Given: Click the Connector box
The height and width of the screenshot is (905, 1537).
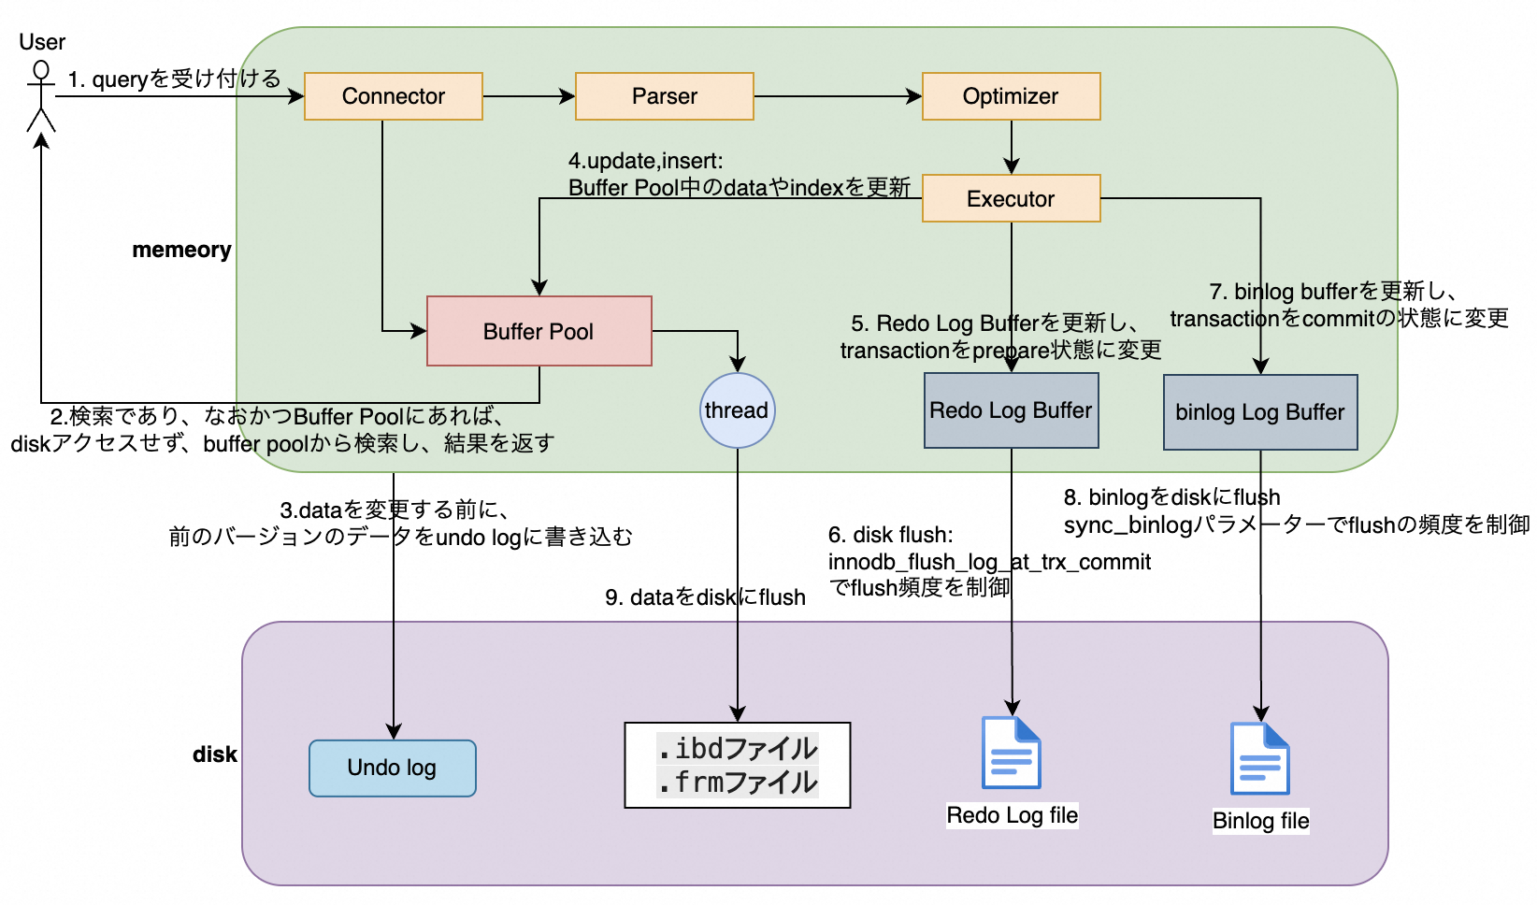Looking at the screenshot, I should (x=393, y=96).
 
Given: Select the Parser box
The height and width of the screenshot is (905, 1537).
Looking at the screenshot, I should (x=664, y=96).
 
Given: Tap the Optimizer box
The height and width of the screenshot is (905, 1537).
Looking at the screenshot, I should (x=1011, y=96).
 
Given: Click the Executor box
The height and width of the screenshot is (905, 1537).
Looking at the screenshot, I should (x=1011, y=198).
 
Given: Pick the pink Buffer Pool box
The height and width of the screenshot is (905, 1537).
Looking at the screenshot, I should (x=539, y=331).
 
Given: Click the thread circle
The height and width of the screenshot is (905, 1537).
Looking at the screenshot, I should (x=737, y=410).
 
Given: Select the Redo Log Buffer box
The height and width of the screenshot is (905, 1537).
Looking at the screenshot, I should (x=1011, y=410).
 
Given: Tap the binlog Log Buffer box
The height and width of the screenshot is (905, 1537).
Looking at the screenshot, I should (x=1259, y=412).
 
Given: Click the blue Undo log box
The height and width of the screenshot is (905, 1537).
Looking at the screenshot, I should (x=392, y=768).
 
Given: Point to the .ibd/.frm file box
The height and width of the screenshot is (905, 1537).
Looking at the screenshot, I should (x=737, y=765).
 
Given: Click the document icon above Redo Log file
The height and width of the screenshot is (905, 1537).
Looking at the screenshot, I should (x=1011, y=753).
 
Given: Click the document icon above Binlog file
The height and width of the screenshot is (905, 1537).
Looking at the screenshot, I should (x=1259, y=758).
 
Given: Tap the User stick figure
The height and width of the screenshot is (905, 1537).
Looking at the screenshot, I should (x=40, y=96).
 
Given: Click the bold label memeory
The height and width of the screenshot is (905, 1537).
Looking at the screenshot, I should (x=181, y=250).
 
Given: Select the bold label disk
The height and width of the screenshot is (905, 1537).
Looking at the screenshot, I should (x=214, y=754).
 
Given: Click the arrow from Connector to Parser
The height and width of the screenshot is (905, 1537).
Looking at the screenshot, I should (x=528, y=96).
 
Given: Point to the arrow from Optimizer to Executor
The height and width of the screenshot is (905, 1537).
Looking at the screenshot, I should (x=1011, y=147).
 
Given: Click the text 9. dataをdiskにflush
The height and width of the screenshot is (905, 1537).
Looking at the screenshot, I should (x=705, y=597).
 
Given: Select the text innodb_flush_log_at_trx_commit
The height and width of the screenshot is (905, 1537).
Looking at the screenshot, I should (x=989, y=562).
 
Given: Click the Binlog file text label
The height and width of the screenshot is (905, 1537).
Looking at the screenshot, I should (x=1260, y=821).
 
